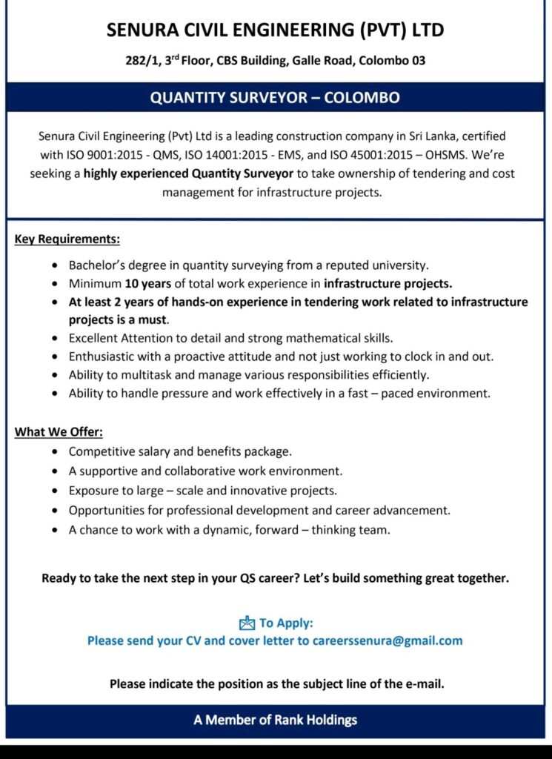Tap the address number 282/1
coord(141,61)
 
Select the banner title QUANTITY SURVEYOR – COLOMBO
coord(275,98)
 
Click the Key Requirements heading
coord(67,239)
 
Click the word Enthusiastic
coord(103,357)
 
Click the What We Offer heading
coord(59,431)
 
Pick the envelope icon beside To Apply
coord(247,623)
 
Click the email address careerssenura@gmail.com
coord(388,640)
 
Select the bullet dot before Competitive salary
coord(58,451)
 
